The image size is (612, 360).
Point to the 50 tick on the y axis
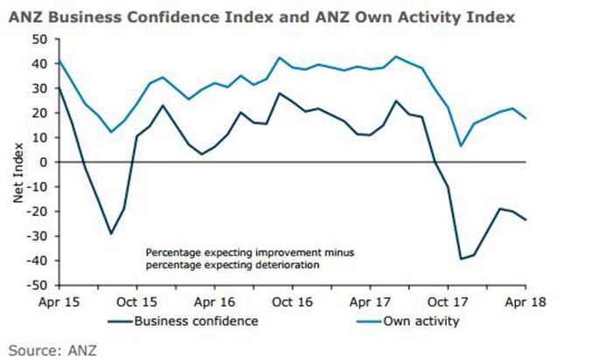pos(41,38)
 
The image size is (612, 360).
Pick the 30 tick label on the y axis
pos(41,88)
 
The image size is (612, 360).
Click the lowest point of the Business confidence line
pos(461,259)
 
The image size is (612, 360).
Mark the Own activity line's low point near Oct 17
pos(461,146)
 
